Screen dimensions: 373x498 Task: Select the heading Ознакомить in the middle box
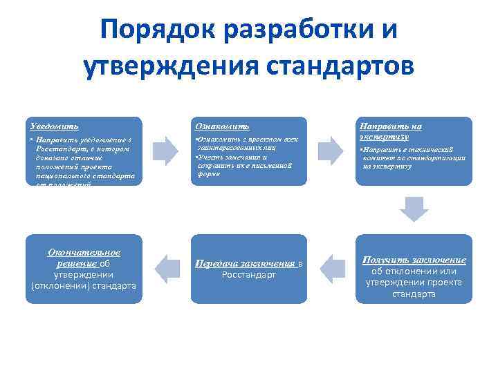tap(223, 126)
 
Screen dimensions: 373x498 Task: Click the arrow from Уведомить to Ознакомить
tap(165, 151)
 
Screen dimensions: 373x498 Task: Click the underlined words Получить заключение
tap(414, 260)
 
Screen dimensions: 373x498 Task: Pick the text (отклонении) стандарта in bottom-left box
tap(84, 286)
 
